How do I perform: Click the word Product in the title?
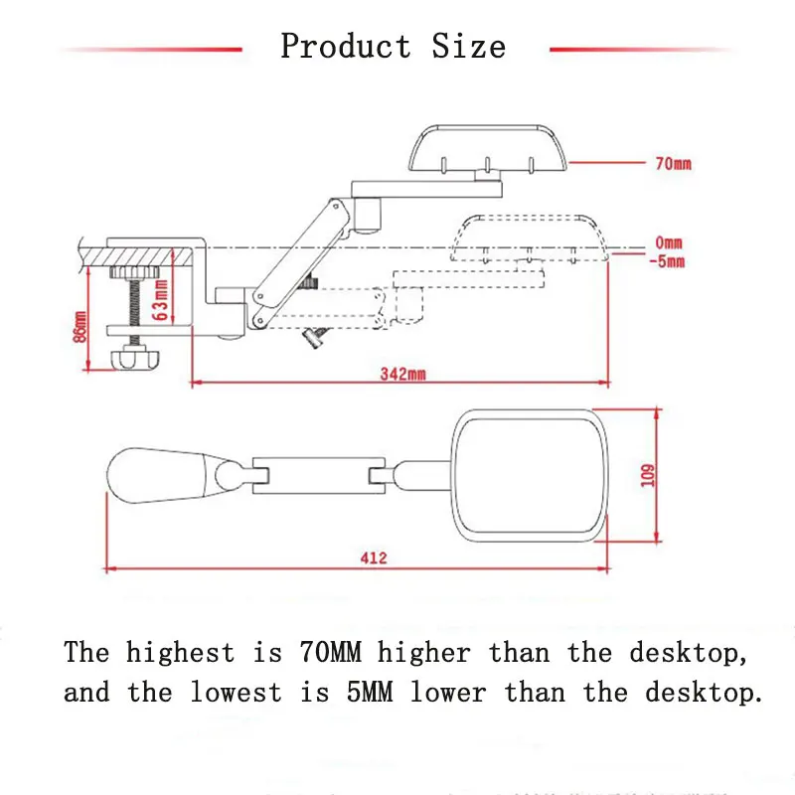(345, 46)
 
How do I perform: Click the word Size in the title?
(468, 46)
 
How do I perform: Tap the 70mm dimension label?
(673, 164)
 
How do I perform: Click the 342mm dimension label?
(401, 374)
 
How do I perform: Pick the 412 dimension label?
(373, 557)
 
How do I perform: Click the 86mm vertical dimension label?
(79, 324)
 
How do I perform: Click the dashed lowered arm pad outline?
(528, 237)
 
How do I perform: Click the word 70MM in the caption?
(331, 653)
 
